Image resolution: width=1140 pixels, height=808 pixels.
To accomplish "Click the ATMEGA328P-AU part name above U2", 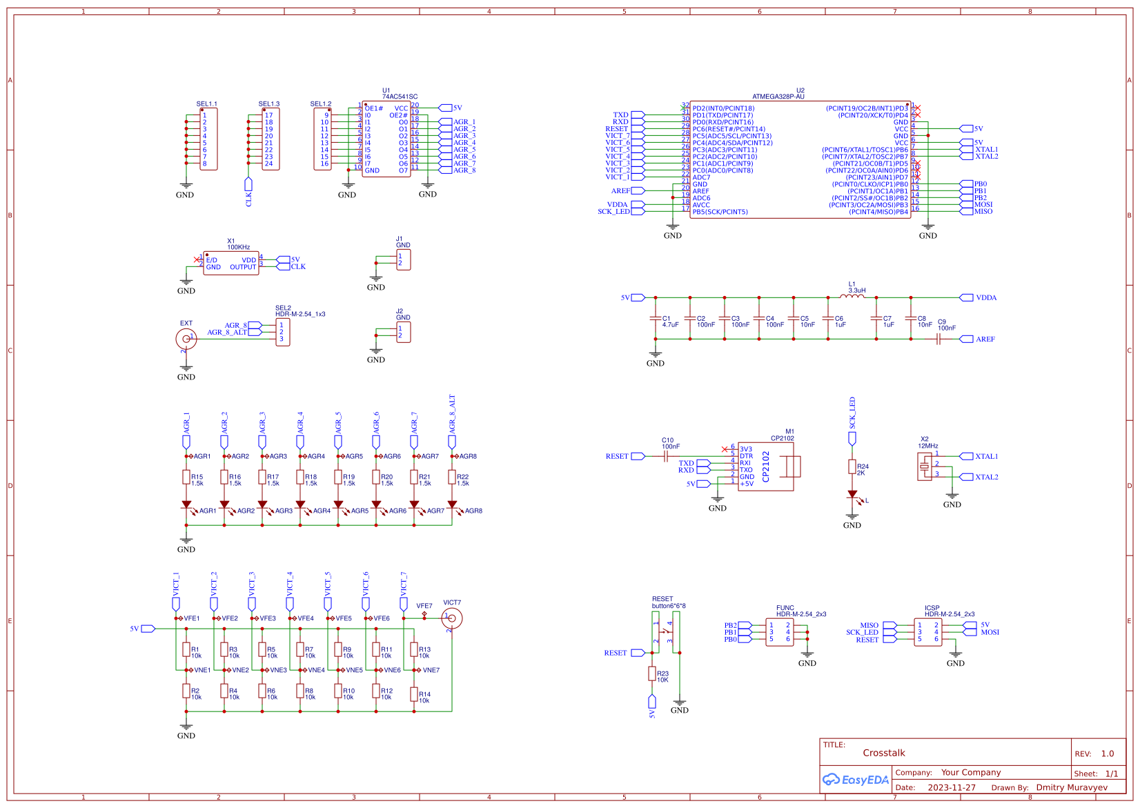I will pyautogui.click(x=778, y=97).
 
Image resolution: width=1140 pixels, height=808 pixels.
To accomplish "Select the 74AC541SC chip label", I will pyautogui.click(x=400, y=97).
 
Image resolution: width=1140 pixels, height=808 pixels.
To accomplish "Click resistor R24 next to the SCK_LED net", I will pyautogui.click(x=852, y=467).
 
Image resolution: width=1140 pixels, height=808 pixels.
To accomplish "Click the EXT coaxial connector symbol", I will pyautogui.click(x=186, y=338).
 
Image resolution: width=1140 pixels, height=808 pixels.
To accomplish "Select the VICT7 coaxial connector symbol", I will pyautogui.click(x=452, y=618).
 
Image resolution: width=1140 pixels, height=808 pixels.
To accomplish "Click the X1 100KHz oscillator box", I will pyautogui.click(x=231, y=263).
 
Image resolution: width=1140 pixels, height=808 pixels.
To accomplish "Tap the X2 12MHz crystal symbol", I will pyautogui.click(x=924, y=467).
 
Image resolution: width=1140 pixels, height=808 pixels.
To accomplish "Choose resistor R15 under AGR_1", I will pyautogui.click(x=186, y=477).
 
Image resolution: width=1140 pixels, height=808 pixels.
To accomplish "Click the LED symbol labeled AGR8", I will pyautogui.click(x=453, y=505).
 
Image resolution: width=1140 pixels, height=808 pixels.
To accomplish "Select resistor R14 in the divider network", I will pyautogui.click(x=414, y=695).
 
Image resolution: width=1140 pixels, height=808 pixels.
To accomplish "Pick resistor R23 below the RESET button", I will pyautogui.click(x=652, y=673).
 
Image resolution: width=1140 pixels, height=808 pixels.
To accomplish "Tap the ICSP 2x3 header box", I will pyautogui.click(x=927, y=632).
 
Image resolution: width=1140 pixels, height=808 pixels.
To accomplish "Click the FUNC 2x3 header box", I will pyautogui.click(x=780, y=632).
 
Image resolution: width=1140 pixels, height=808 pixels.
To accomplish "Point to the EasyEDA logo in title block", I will pyautogui.click(x=856, y=780).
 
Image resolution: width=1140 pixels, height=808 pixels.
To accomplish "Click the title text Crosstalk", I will pyautogui.click(x=883, y=753).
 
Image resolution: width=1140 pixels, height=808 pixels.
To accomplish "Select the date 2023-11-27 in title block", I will pyautogui.click(x=951, y=787).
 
